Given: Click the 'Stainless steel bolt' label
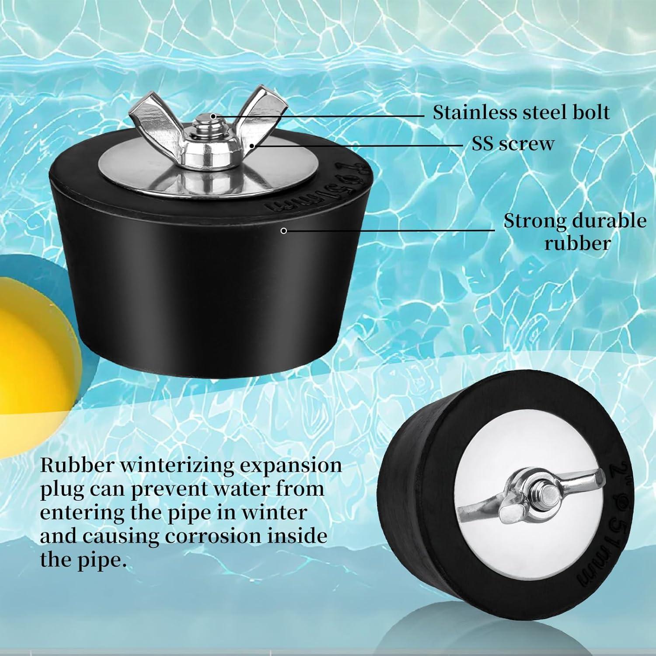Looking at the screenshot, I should click(x=521, y=112).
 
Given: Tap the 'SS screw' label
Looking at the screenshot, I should click(x=513, y=144).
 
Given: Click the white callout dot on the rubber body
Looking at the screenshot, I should click(x=283, y=231).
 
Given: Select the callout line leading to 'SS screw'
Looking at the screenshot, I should click(x=359, y=145).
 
